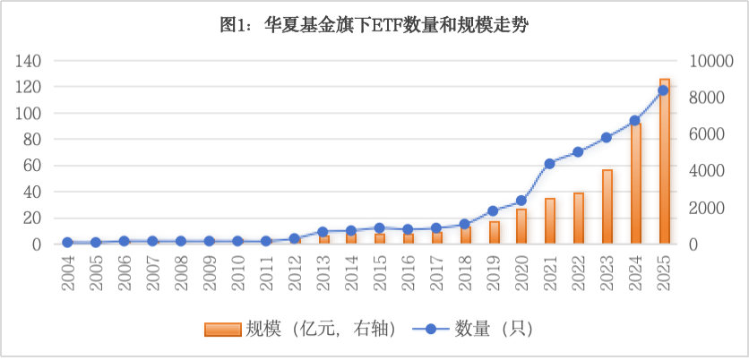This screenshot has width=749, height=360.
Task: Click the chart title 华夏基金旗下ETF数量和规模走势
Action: click(x=374, y=26)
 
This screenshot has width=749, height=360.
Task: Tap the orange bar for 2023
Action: click(x=607, y=207)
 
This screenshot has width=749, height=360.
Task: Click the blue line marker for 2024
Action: click(x=635, y=120)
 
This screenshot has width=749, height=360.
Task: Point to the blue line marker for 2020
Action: click(x=521, y=201)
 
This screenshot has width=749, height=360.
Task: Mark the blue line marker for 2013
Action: click(x=323, y=232)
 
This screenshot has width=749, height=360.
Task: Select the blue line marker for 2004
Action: click(x=67, y=242)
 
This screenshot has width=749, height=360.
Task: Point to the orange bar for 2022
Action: click(x=579, y=219)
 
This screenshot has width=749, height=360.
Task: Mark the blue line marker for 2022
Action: click(x=579, y=151)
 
